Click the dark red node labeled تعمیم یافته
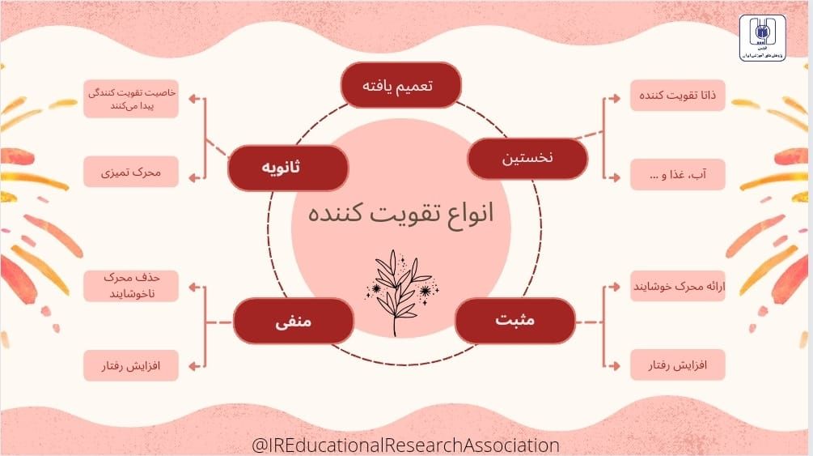pyautogui.click(x=400, y=85)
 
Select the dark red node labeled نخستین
pyautogui.click(x=527, y=159)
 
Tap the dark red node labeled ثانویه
pyautogui.click(x=287, y=168)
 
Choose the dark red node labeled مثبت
pyautogui.click(x=514, y=321)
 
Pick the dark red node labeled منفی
pyautogui.click(x=293, y=321)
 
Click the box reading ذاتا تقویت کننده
pyautogui.click(x=678, y=96)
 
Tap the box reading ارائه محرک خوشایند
pyautogui.click(x=678, y=286)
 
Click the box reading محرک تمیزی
pyautogui.click(x=132, y=173)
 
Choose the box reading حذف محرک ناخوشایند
pyautogui.click(x=132, y=286)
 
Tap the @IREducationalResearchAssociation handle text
pyautogui.click(x=405, y=445)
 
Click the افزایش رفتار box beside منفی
pyautogui.click(x=132, y=365)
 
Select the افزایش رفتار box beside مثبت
pyautogui.click(x=678, y=365)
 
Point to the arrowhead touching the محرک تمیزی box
pyautogui.click(x=190, y=173)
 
